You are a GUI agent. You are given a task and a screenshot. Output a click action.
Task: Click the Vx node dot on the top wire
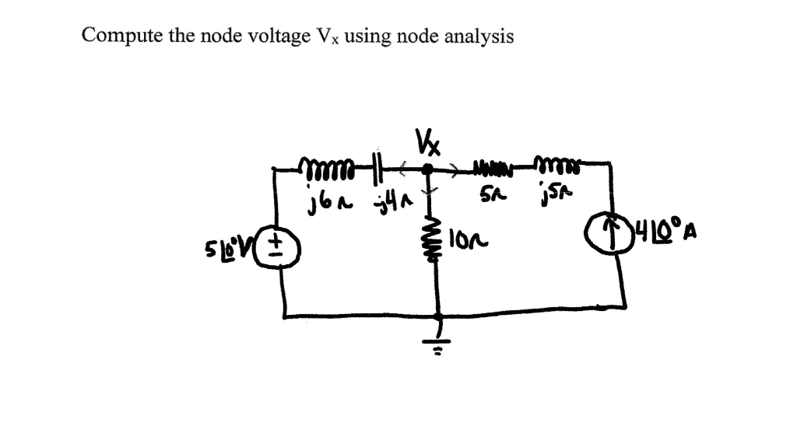(x=427, y=167)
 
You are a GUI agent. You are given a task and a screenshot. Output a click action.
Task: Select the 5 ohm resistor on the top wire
(x=492, y=166)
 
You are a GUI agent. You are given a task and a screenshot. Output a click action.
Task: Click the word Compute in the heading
(x=116, y=36)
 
